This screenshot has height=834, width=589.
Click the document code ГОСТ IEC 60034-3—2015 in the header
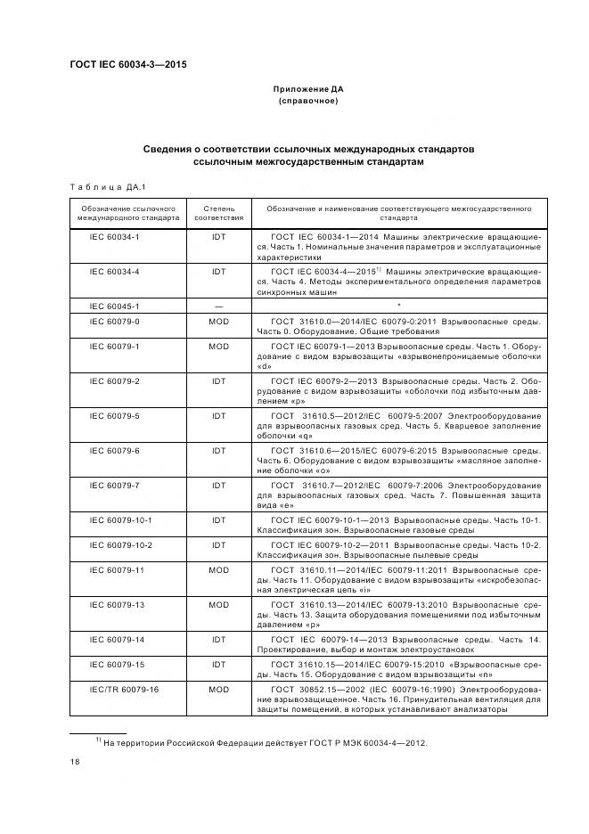tap(127, 63)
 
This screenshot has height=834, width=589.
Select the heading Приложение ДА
tap(307, 90)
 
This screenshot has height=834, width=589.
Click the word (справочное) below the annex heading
tap(307, 102)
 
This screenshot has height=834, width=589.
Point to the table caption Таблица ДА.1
tap(109, 186)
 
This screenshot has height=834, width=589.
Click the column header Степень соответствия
tap(218, 211)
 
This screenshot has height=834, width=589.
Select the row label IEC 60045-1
tap(109, 305)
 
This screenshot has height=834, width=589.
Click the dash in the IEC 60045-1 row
tap(218, 305)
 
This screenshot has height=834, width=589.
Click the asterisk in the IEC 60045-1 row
tap(398, 304)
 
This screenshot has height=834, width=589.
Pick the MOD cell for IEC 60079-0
tap(218, 320)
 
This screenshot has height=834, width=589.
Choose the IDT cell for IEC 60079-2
tap(218, 380)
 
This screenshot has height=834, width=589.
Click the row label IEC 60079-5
tap(109, 415)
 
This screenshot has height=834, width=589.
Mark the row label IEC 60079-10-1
tap(109, 519)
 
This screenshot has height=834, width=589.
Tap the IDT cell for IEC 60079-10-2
tap(218, 544)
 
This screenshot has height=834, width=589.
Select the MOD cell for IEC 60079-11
tap(218, 568)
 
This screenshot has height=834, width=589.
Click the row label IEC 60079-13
tap(109, 604)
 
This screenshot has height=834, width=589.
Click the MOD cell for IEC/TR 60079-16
tap(218, 689)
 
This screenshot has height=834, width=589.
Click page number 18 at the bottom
tap(74, 762)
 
